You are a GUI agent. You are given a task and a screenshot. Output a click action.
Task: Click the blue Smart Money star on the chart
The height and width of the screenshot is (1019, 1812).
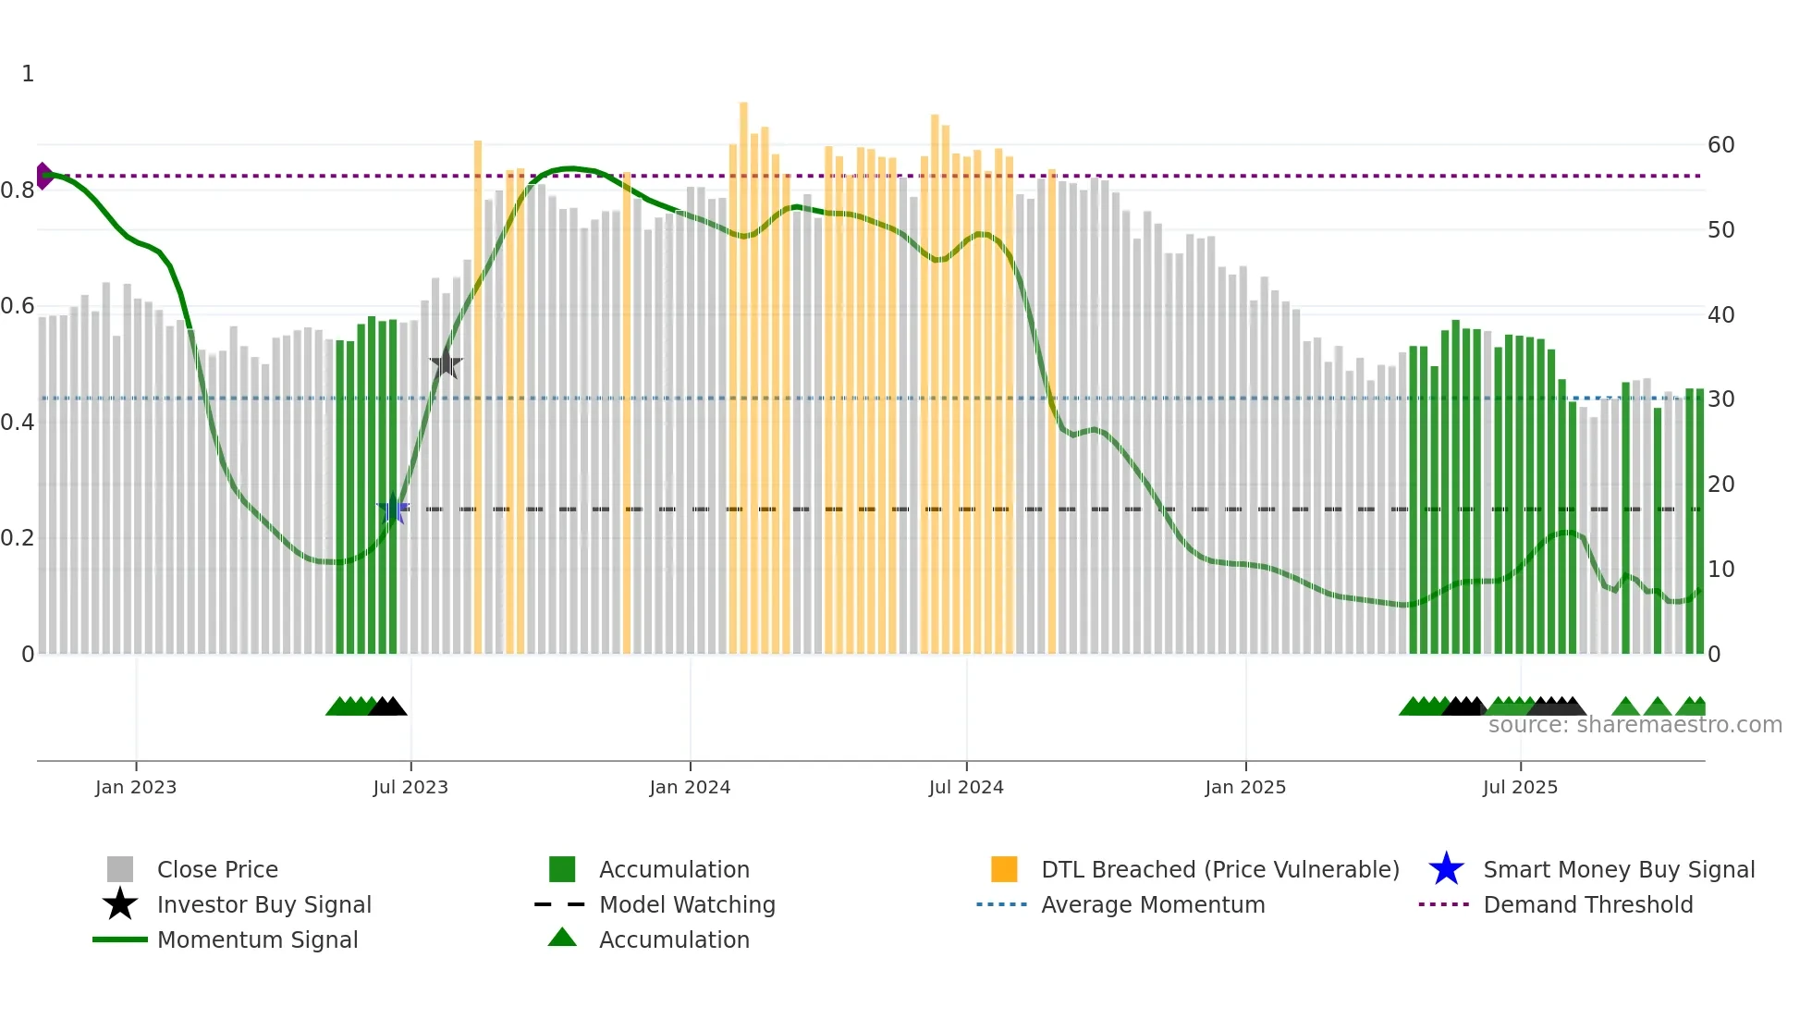click(394, 509)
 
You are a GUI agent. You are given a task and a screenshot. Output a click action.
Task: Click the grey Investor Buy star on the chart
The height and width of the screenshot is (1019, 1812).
click(446, 363)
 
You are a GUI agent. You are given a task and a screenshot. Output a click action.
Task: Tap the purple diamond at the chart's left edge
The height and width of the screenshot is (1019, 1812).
click(43, 176)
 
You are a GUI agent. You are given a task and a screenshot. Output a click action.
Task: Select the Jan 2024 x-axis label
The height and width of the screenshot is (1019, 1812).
click(690, 787)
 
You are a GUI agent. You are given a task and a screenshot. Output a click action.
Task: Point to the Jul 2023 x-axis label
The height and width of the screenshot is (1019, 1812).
click(410, 787)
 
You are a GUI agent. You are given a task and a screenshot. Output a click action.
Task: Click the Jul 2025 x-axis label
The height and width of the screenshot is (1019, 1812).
click(1520, 787)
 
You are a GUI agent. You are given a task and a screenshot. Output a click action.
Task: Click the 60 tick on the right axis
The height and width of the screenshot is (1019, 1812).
click(1720, 145)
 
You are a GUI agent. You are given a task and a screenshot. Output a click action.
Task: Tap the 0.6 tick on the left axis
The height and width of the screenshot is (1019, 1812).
click(18, 306)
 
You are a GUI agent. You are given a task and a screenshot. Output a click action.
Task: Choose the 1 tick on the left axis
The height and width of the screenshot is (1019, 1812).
click(28, 74)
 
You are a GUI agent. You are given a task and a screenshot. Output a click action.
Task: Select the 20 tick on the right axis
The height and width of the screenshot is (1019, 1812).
click(1720, 485)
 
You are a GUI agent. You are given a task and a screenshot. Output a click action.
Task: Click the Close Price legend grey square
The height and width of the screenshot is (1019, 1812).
click(120, 869)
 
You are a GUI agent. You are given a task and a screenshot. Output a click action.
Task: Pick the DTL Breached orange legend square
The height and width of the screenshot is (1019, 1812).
click(1004, 869)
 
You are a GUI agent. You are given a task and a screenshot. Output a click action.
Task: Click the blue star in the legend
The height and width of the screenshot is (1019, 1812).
click(1446, 869)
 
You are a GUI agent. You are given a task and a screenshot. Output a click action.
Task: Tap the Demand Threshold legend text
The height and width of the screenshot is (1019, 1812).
click(1587, 904)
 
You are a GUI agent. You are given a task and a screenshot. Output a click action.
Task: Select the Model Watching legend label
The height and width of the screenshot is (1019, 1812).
click(687, 904)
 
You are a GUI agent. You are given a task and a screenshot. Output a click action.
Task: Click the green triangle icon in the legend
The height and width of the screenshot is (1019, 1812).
click(562, 938)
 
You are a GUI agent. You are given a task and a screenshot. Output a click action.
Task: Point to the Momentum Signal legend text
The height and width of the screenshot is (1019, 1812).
click(257, 939)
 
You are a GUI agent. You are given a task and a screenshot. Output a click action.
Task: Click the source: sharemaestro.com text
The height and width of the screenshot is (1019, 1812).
click(1634, 725)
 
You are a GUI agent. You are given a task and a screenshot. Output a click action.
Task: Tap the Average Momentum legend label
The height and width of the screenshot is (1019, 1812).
click(1153, 904)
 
